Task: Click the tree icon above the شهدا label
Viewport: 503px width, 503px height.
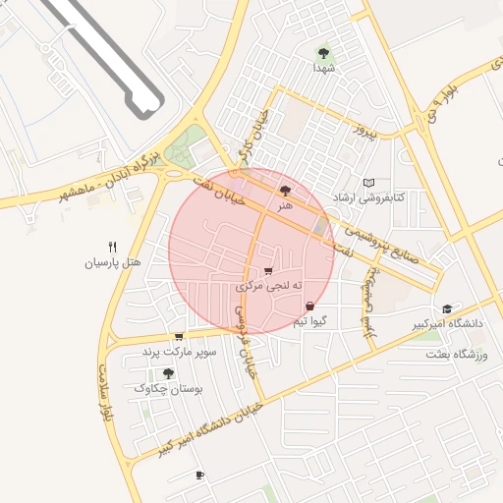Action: tap(323, 52)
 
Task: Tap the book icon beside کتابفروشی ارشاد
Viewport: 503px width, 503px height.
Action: tap(369, 183)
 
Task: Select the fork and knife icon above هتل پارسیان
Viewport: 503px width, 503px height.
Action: tap(112, 248)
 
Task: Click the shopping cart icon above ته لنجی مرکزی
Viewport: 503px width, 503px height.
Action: tap(268, 271)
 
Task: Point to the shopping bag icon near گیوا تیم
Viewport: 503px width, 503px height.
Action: tap(310, 307)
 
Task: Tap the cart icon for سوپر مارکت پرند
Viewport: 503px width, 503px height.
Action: tap(178, 336)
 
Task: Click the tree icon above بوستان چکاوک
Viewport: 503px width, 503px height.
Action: tap(168, 373)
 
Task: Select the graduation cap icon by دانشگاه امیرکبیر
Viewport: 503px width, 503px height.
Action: tap(448, 308)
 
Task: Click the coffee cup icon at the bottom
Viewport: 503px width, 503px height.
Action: tap(199, 475)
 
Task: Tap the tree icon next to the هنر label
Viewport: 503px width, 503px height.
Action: tap(285, 192)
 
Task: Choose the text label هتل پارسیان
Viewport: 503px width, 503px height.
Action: tap(113, 263)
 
